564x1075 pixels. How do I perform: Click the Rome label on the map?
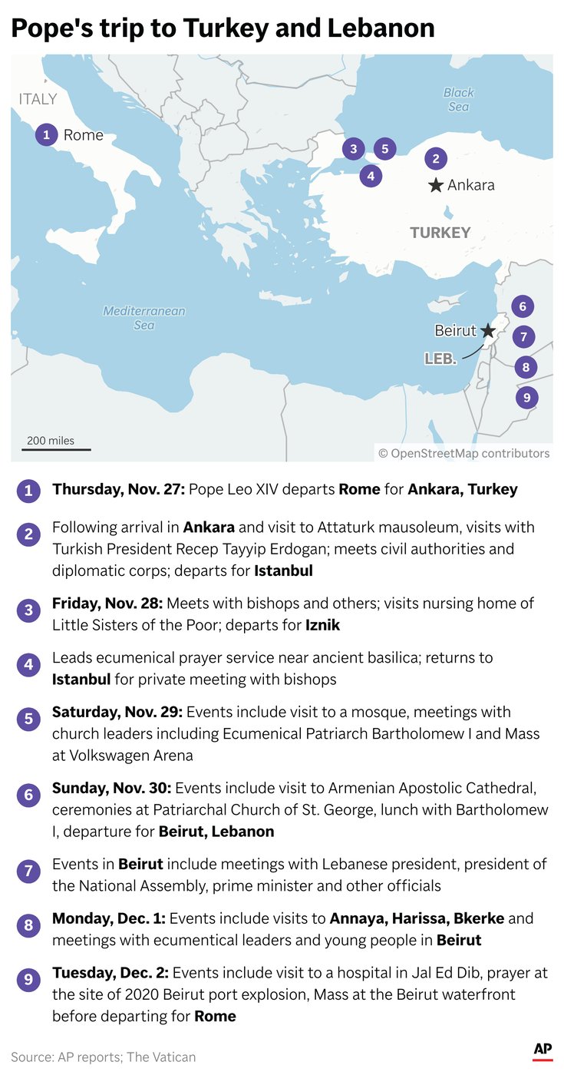[83, 135]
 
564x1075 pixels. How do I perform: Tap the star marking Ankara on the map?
[436, 185]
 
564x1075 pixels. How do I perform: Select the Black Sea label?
[459, 100]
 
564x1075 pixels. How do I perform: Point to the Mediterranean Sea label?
[144, 318]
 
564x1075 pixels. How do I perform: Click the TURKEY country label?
[440, 233]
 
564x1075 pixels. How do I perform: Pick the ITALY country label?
[38, 99]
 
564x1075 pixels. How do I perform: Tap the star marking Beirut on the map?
[488, 331]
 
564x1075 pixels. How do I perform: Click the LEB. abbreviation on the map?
[441, 359]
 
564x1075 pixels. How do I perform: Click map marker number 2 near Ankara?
[435, 159]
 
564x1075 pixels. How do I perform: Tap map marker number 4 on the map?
[371, 176]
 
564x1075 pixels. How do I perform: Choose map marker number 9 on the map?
[526, 398]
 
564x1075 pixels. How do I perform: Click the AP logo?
[543, 1050]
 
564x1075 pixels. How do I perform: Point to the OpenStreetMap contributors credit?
[464, 453]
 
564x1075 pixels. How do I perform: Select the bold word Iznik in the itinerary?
[322, 625]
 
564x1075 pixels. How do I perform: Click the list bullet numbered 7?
[28, 871]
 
